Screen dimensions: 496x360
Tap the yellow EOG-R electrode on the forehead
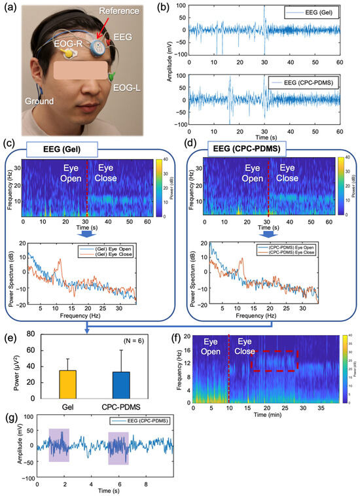pyautogui.click(x=65, y=58)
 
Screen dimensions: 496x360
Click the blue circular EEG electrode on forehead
pyautogui.click(x=98, y=46)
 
